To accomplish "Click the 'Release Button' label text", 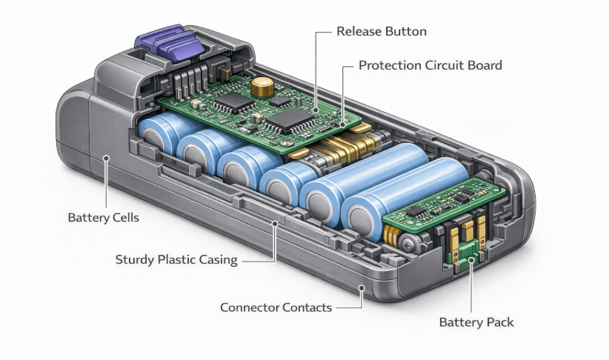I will (x=381, y=32).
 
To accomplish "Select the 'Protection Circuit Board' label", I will (x=430, y=65).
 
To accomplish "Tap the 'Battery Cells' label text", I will (x=103, y=218).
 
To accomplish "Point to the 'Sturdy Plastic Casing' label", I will (x=176, y=260).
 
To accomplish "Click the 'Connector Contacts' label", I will (x=276, y=307).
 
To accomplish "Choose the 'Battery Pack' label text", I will (x=476, y=322).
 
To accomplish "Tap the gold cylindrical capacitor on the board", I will (x=260, y=87).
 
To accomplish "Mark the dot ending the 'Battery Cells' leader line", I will (x=107, y=157).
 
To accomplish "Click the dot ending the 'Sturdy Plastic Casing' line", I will (x=275, y=223).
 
